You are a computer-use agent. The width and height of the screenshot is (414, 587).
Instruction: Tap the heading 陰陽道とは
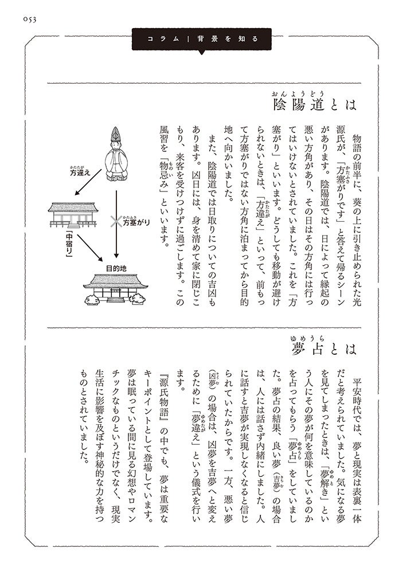315,104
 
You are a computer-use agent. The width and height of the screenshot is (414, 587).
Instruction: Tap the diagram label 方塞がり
136,221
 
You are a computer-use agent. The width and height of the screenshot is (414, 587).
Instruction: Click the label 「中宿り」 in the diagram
60,244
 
